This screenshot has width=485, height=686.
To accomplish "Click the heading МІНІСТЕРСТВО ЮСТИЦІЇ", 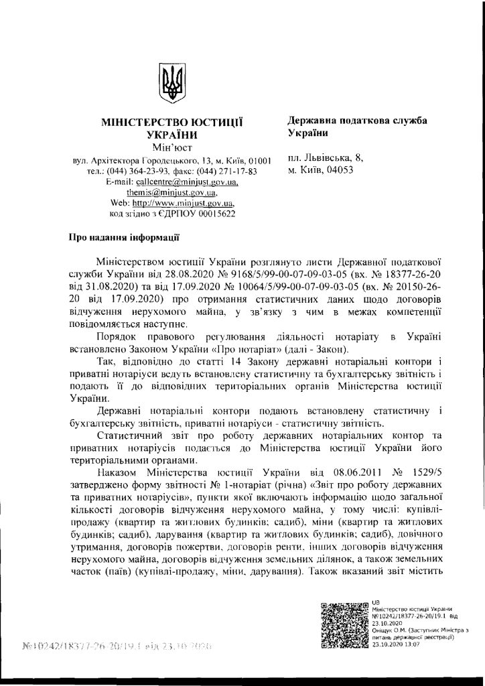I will pos(171,123).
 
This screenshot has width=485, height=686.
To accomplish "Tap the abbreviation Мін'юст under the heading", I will pos(171,147).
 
